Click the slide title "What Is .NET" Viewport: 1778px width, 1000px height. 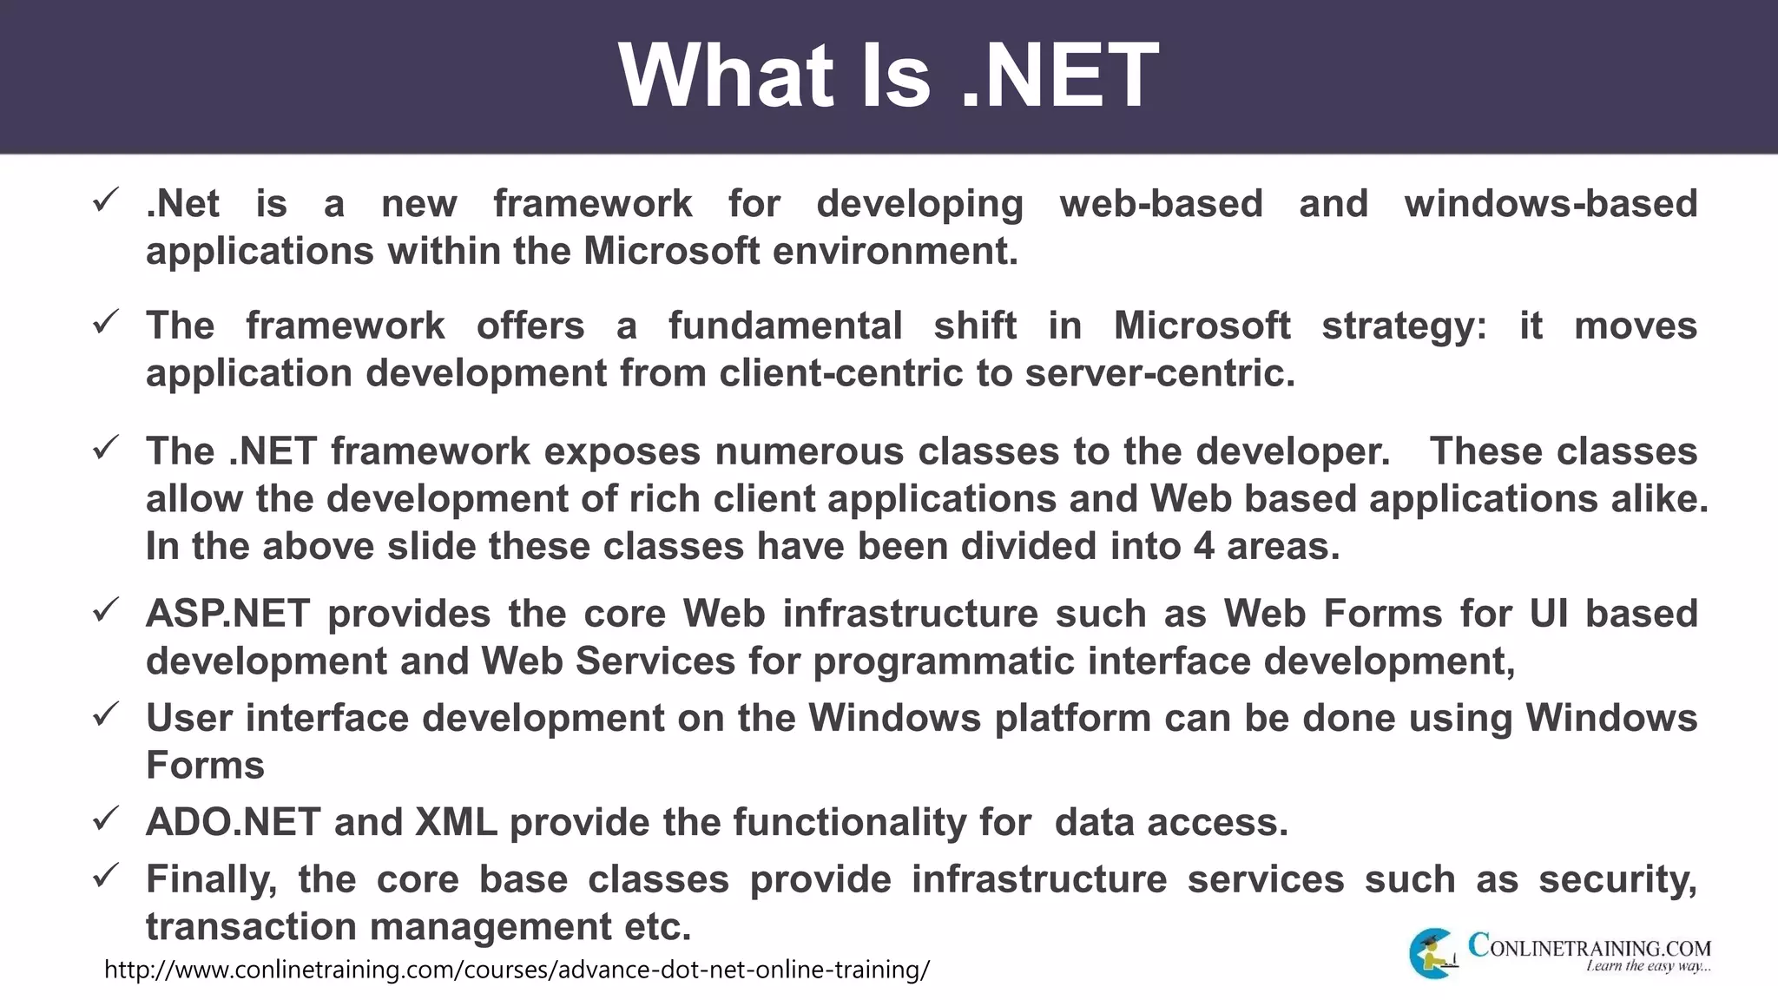pos(888,76)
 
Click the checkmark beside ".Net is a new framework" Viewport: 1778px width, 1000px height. pos(105,201)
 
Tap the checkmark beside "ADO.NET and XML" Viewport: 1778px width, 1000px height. pos(105,819)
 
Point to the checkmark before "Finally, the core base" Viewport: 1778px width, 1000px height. pos(105,876)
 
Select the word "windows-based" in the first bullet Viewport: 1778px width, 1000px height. pos(1551,204)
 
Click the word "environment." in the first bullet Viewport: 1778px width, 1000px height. pos(895,252)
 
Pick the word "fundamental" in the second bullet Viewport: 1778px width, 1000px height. pos(785,326)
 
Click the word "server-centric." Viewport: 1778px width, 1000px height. pos(1160,373)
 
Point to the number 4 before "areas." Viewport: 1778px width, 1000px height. pos(1203,547)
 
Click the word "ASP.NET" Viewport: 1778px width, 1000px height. pos(227,614)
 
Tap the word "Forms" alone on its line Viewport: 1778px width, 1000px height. pos(205,766)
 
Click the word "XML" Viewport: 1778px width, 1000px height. pos(456,822)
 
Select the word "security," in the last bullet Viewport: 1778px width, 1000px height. pos(1617,880)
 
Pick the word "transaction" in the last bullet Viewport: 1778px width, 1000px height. pos(252,927)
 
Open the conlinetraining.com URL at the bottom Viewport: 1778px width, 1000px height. pos(517,970)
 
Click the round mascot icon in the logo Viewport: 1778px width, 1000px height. pos(1432,953)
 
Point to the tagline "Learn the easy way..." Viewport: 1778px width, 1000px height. pos(1648,966)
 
